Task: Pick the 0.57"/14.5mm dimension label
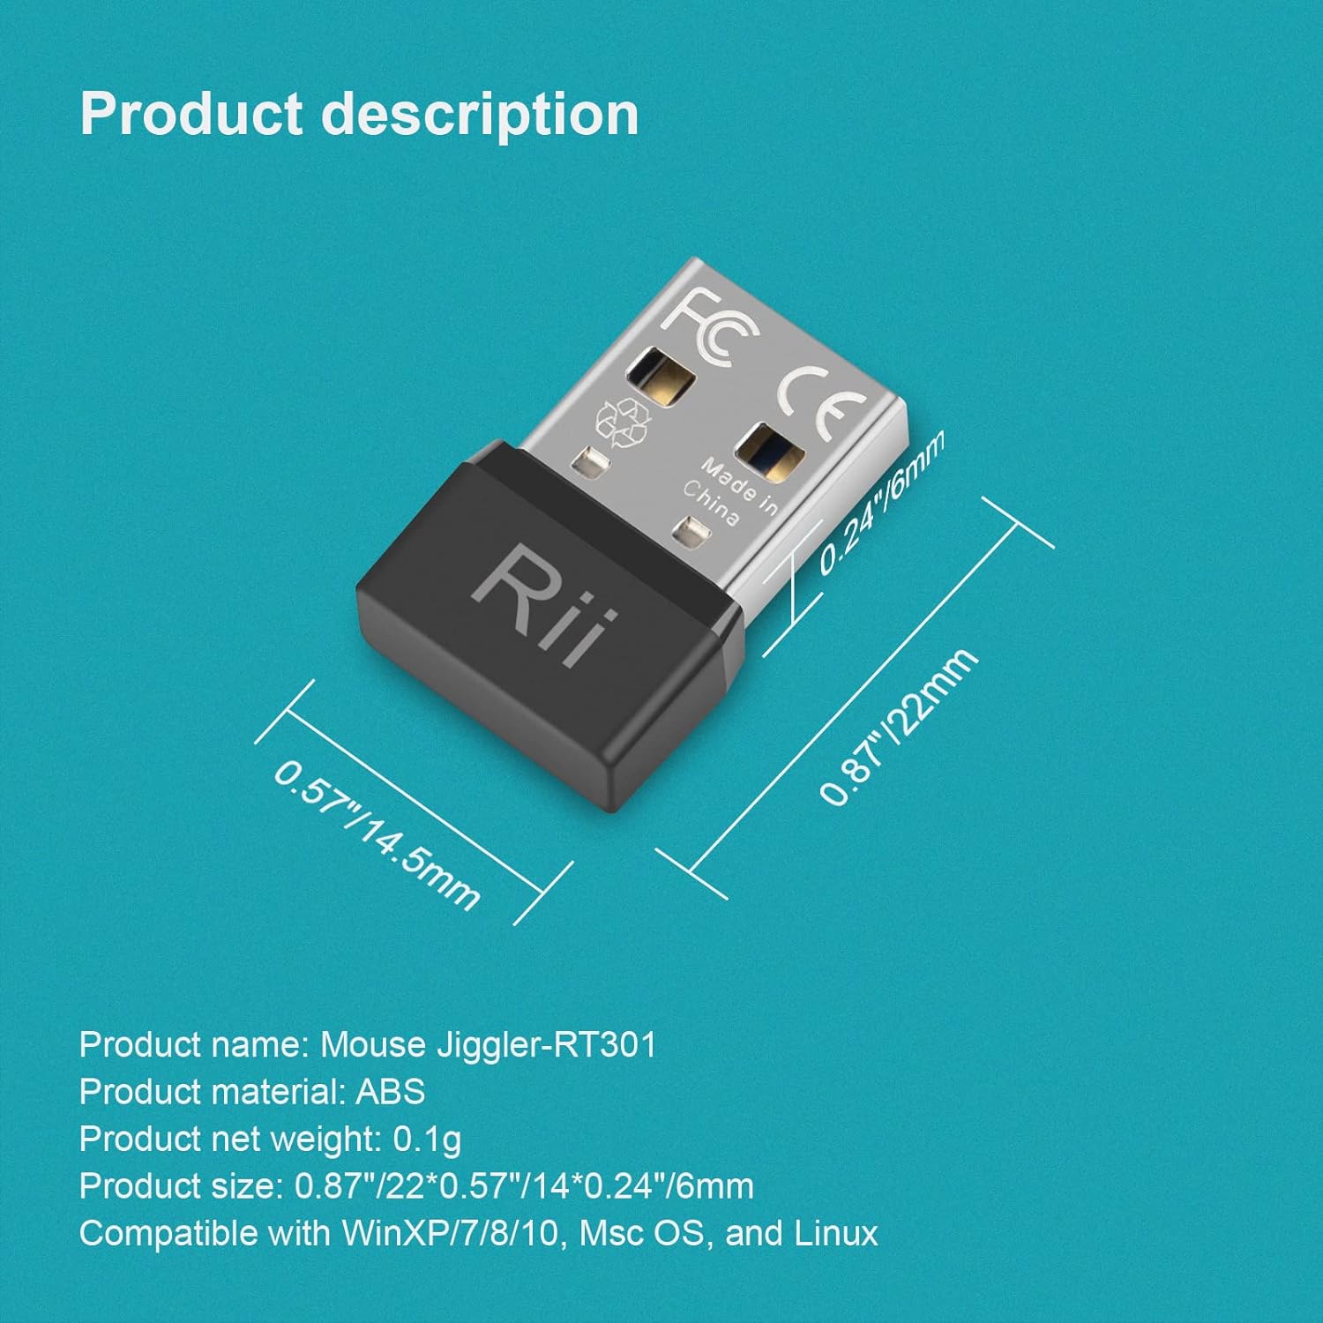click(377, 834)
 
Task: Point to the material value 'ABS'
click(390, 1092)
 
